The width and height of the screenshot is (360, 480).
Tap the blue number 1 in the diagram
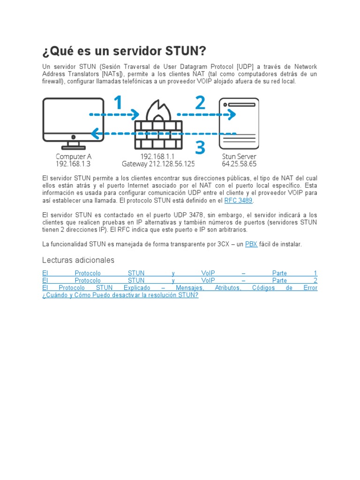tap(118, 103)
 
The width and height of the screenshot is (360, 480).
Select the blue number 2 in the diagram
tap(200, 103)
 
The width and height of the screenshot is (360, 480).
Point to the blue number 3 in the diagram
tap(200, 148)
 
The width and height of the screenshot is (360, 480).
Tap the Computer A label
tap(73, 156)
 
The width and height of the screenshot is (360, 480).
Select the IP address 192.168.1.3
tap(73, 164)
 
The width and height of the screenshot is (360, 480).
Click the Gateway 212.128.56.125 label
tap(158, 164)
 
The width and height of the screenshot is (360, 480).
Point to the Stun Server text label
tap(239, 156)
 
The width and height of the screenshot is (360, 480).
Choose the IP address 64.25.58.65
tap(239, 164)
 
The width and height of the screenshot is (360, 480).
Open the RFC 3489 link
tap(238, 201)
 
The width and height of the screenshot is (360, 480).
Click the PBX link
tap(251, 244)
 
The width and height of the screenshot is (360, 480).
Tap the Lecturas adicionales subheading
tap(78, 260)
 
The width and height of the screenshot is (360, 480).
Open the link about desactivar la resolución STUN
tap(120, 295)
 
